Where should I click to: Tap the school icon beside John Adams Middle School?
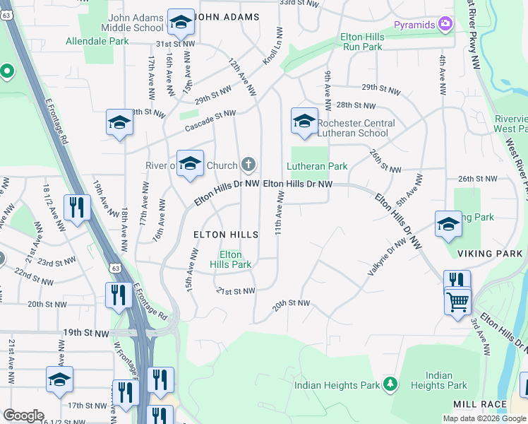tap(181, 23)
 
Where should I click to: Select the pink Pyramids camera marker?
tap(445, 25)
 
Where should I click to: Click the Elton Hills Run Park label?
tap(362, 42)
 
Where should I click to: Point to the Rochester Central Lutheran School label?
tap(356, 128)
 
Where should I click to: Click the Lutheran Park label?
tap(317, 166)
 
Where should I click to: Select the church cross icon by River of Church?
tap(248, 165)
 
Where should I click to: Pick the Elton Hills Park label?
tap(231, 259)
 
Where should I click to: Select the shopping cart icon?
tap(458, 302)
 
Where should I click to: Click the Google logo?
tap(23, 416)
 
